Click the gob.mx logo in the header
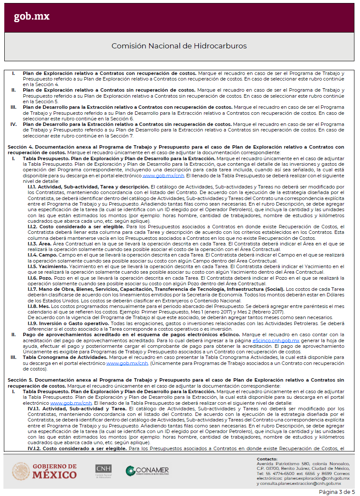31,17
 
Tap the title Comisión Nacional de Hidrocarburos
179,46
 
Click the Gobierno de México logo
45,471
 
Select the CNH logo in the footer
103,471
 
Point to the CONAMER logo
147,471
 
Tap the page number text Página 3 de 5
337,491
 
